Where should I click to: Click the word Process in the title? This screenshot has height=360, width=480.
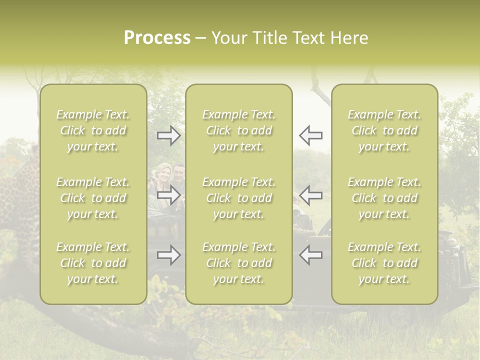click(157, 38)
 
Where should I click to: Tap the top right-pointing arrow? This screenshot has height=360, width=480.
click(169, 135)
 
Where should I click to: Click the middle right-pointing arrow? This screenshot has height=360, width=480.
click(169, 195)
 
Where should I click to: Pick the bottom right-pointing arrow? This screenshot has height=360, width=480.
click(169, 255)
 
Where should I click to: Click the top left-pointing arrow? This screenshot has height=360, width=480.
click(310, 135)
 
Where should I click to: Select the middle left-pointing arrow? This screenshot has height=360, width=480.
click(310, 195)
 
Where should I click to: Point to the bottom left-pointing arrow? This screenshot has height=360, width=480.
click(310, 255)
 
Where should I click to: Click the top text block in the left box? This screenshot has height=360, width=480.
click(93, 130)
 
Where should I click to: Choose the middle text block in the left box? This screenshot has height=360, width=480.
click(93, 198)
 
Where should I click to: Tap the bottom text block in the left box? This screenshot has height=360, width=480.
click(93, 263)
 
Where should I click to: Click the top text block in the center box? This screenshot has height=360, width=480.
click(238, 130)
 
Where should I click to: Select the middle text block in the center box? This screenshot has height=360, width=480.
click(238, 198)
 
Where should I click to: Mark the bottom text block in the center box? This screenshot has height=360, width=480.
click(238, 263)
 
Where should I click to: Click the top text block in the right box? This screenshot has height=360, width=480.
click(384, 130)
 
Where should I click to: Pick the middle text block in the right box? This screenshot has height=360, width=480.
click(384, 198)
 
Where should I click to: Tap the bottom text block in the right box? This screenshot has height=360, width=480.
click(384, 263)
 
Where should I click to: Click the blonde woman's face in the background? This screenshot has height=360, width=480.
click(164, 175)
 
